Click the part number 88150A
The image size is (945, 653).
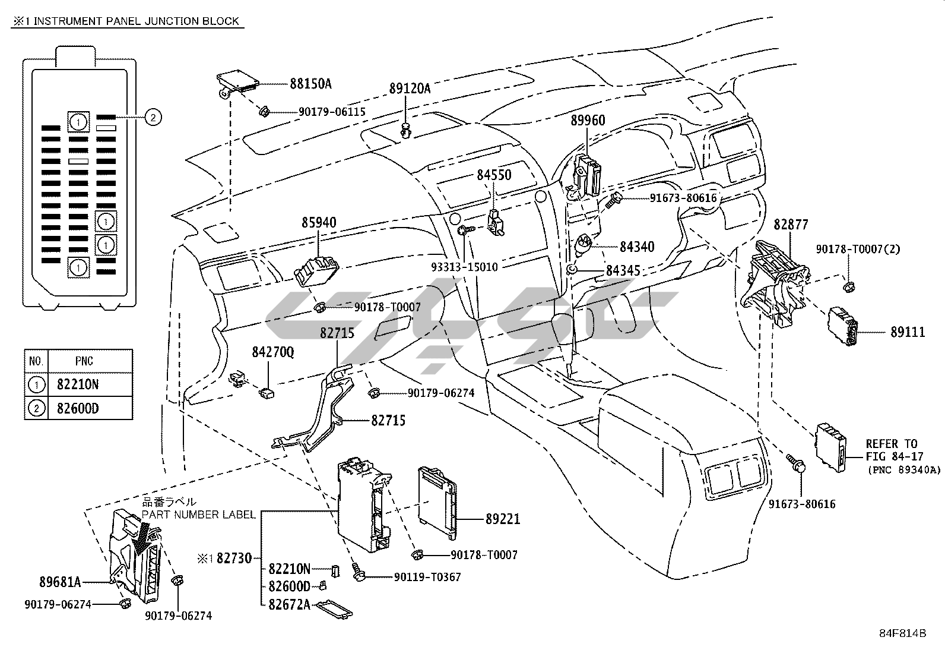310,84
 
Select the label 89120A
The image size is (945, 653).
410,89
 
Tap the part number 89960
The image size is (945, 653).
588,121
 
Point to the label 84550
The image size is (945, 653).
494,175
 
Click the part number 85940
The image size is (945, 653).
319,223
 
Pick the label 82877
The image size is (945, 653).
791,225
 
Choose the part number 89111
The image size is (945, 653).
907,332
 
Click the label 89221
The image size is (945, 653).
502,519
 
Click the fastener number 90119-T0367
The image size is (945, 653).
427,576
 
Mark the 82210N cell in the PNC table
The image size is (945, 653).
78,384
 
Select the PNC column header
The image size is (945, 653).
84,361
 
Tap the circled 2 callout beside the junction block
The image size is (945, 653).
153,118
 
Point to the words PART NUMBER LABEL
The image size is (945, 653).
198,514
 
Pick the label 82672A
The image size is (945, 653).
289,605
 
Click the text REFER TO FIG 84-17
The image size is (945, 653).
891,450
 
